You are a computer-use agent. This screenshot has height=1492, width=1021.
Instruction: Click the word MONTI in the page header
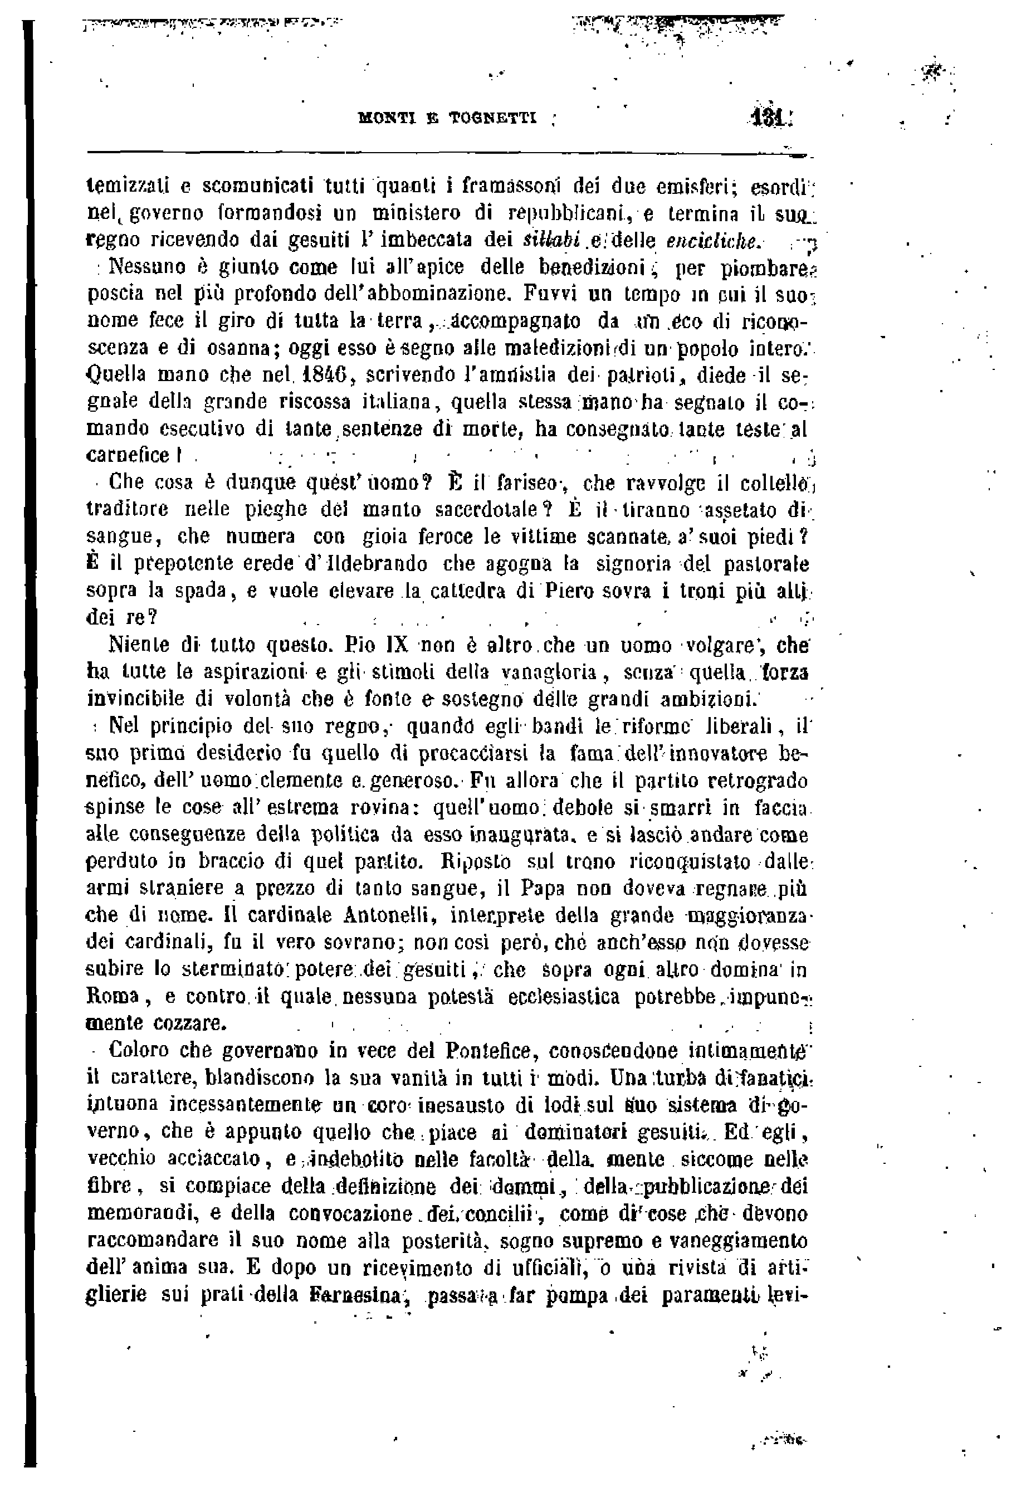pos(384,118)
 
